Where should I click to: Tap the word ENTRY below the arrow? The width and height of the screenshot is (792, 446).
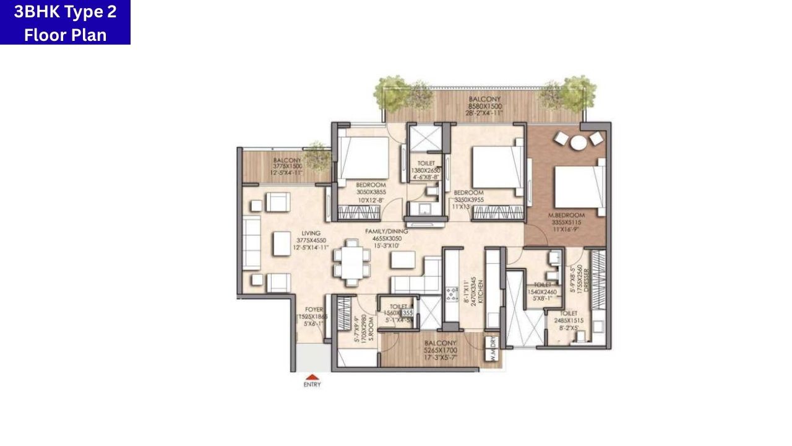312,385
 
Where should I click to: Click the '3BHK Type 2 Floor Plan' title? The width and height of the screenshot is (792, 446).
65,22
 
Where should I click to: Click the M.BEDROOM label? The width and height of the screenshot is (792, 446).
566,215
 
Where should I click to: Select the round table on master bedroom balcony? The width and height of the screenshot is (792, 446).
579,142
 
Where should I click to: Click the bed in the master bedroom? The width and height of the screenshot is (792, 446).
578,185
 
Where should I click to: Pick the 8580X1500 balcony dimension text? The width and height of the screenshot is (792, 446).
485,107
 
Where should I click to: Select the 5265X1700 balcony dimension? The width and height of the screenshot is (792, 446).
441,351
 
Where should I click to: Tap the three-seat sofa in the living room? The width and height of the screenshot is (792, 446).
251,243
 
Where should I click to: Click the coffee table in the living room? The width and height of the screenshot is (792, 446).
282,243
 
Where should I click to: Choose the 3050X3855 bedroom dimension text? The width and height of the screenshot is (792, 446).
371,193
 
